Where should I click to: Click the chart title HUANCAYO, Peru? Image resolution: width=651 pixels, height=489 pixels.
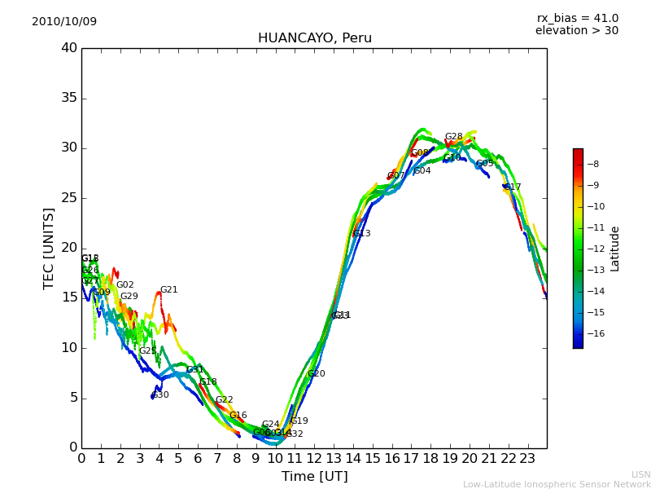tap(314, 38)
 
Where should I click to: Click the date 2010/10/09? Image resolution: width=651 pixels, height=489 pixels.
tap(64, 22)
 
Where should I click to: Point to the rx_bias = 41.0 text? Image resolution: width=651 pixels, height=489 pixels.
tap(577, 19)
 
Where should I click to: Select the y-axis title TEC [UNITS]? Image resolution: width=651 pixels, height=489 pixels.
tap(49, 248)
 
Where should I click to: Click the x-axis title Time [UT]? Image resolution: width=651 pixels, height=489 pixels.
tap(314, 477)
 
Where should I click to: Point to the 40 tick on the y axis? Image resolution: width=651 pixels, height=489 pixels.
tap(69, 48)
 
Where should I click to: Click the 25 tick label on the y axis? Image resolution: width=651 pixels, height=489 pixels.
tap(69, 198)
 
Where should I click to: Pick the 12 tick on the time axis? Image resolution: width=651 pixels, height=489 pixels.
tap(314, 459)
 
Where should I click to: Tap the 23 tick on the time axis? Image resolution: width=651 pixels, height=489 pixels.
tap(527, 459)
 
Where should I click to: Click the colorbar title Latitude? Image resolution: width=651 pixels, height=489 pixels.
tap(615, 248)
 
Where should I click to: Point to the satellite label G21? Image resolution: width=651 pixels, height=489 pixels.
tap(168, 290)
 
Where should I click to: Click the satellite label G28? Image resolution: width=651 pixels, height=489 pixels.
tap(453, 137)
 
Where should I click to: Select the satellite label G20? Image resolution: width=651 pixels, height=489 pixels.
tap(316, 374)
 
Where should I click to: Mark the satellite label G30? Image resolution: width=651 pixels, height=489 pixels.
tap(160, 395)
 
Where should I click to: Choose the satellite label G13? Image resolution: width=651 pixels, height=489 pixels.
tap(361, 234)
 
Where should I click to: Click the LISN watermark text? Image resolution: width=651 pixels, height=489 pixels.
tap(640, 474)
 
